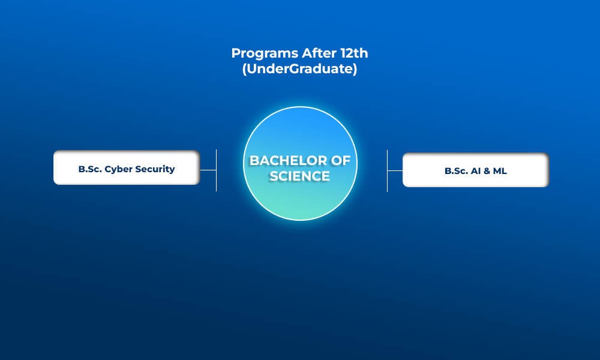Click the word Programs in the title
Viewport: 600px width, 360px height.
265,53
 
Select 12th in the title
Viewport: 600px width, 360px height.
355,53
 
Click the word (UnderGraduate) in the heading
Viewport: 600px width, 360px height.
299,69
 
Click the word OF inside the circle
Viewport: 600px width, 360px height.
341,161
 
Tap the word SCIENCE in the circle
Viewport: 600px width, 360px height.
299,176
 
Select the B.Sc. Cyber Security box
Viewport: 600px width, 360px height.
127,167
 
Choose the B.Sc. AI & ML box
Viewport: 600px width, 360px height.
476,170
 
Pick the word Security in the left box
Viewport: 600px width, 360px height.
155,169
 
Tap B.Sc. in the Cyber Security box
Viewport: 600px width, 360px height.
90,169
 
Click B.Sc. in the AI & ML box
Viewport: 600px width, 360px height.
456,171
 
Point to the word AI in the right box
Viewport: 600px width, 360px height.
476,171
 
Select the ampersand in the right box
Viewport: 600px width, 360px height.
487,171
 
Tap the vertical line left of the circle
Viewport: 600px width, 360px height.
216,170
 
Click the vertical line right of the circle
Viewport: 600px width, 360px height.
387,170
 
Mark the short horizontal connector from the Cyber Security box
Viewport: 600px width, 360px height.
208,170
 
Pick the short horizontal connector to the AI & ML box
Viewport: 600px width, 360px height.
395,170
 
